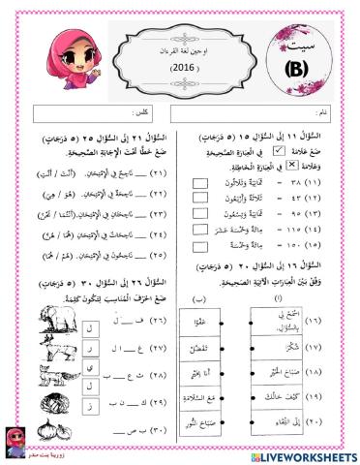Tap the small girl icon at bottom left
pyautogui.click(x=16, y=436)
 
